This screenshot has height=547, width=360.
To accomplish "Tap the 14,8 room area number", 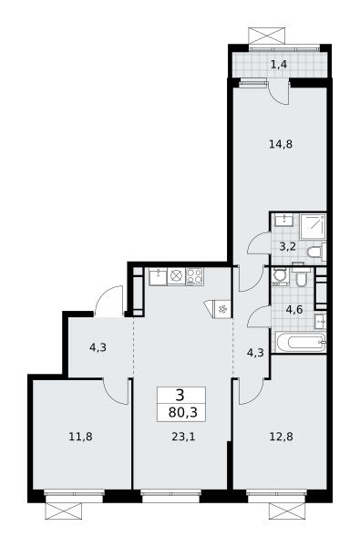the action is coord(281,144).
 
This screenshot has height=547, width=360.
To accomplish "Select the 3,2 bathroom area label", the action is coord(288,247).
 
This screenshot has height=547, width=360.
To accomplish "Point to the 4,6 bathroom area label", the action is coord(294,309).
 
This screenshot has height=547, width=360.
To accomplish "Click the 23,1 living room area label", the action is coord(183,437).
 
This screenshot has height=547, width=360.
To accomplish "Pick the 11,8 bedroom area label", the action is coord(80,437).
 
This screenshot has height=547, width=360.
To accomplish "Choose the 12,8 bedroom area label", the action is coord(281,437).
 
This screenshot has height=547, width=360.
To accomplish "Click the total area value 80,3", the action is coord(183,413).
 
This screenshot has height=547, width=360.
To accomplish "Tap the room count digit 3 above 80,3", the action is coord(180,396).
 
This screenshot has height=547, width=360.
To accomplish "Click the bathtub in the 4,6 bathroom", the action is coord(301,342).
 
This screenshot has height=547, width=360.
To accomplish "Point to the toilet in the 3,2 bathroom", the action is coord(316,252).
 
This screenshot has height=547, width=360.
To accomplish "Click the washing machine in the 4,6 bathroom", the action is coord(280,276).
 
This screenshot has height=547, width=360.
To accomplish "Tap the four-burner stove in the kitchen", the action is coord(194,276).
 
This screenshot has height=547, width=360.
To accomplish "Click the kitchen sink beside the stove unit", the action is coord(159,276).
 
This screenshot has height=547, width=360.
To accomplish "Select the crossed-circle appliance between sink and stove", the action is coord(177,276).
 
